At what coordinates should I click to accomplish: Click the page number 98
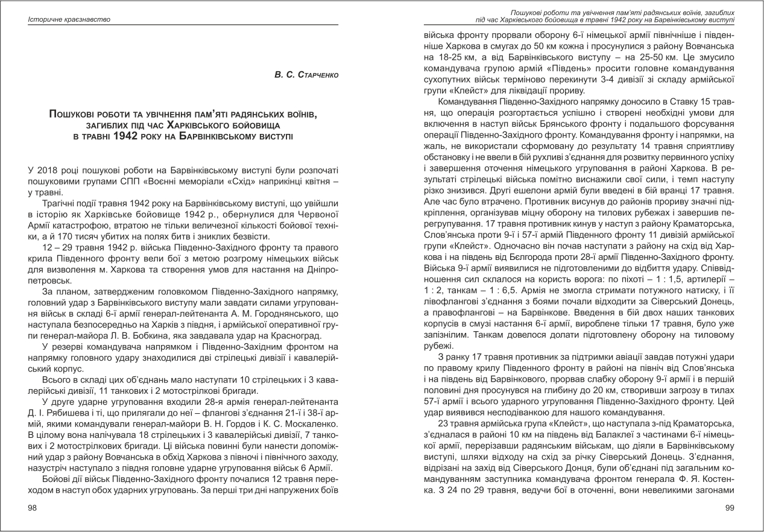click(33, 508)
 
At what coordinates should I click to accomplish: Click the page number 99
click(728, 508)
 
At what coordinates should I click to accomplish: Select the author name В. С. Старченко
click(307, 74)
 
